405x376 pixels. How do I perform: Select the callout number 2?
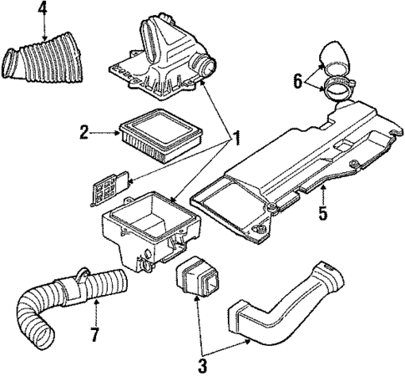(84, 131)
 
